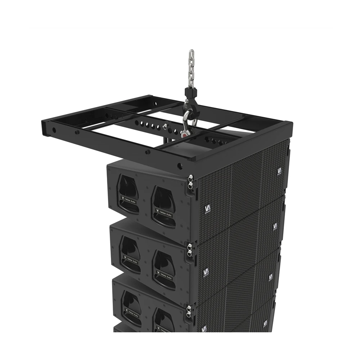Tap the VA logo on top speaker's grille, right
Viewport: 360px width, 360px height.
[279, 171]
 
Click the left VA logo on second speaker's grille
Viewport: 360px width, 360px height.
[206, 272]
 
